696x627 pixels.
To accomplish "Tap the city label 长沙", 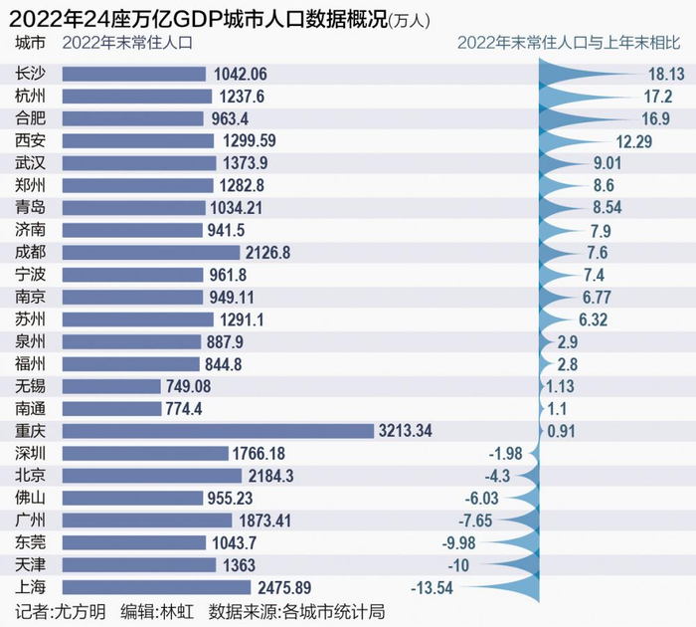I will coord(31,74).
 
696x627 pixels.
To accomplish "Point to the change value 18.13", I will coord(663,74).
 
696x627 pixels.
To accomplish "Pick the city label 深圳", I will coord(31,453).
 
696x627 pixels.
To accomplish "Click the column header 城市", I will coord(31,43).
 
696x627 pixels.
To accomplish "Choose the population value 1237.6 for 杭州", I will coord(243,96).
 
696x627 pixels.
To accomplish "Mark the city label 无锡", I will coord(31,386).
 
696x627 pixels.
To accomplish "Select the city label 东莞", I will coord(31,542).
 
